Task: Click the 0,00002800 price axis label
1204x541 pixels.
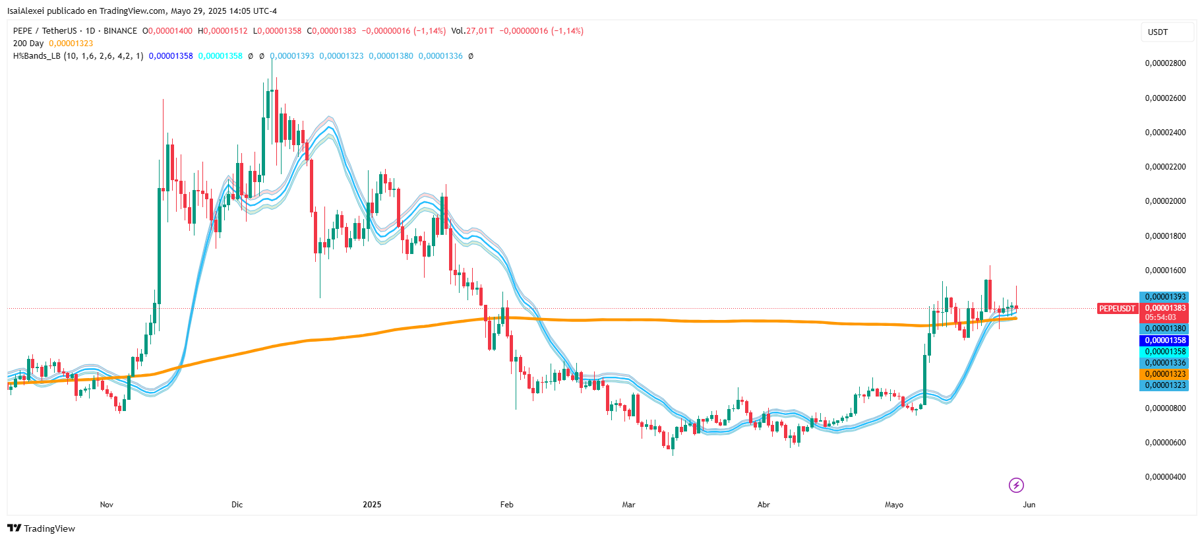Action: [x=1165, y=63]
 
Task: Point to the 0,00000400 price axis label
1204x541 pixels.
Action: [x=1165, y=477]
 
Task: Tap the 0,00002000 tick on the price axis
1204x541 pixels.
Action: [x=1165, y=201]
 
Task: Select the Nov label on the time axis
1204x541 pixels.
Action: [x=107, y=505]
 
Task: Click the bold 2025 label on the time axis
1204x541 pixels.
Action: [x=372, y=505]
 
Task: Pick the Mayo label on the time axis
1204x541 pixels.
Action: [x=894, y=505]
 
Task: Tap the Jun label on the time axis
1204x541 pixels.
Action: [x=1029, y=505]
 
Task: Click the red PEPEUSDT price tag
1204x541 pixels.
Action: [x=1118, y=309]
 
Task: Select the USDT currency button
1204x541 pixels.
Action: [x=1158, y=32]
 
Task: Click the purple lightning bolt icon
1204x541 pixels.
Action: [x=1016, y=486]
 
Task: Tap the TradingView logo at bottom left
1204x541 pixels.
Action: [x=41, y=528]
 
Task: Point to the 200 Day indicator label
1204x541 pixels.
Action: [x=28, y=44]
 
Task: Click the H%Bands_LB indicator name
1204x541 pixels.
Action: [x=36, y=56]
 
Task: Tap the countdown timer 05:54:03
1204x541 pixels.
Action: [x=1160, y=317]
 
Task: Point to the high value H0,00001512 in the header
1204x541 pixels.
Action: [x=223, y=31]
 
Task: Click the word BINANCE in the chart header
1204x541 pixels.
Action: [x=120, y=31]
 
